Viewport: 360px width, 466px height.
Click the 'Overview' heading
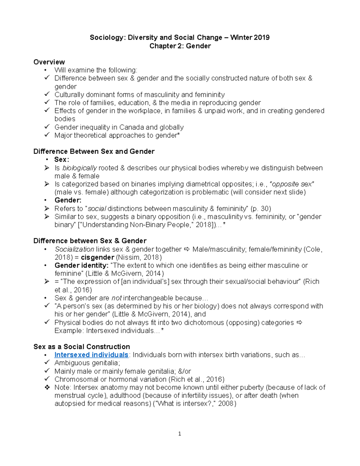point(49,62)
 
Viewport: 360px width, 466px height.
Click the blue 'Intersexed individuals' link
point(91,355)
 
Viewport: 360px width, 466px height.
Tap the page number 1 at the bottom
point(179,434)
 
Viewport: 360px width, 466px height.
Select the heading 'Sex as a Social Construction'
point(82,347)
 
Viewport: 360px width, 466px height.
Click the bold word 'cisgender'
point(97,257)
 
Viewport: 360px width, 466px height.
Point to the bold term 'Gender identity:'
point(81,266)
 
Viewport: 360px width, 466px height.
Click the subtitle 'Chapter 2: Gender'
point(180,46)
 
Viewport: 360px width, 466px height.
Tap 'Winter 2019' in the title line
point(250,38)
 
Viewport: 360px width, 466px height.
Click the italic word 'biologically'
point(79,168)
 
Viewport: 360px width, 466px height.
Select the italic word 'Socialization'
point(74,249)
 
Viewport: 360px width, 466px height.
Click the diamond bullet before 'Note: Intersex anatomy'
point(47,387)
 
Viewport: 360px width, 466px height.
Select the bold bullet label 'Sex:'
point(61,160)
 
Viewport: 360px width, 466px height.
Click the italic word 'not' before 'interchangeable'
point(116,298)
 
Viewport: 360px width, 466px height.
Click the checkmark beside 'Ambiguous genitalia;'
point(47,363)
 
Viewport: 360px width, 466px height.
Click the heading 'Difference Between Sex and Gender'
point(94,152)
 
